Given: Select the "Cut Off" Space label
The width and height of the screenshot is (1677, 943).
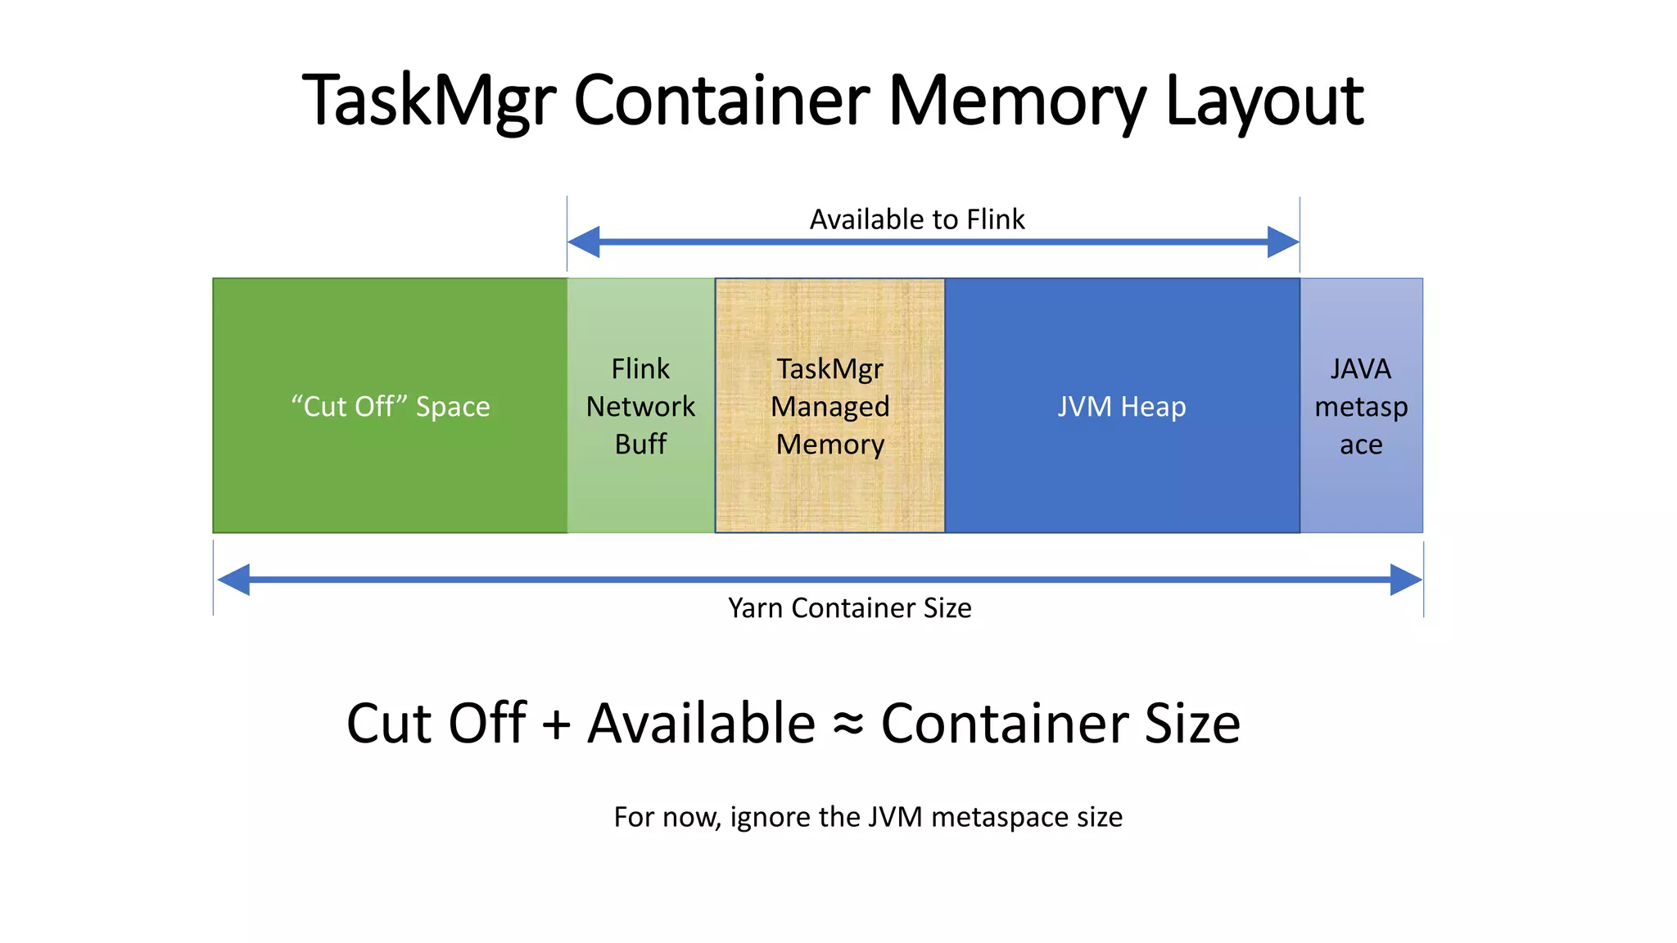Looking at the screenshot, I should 391,406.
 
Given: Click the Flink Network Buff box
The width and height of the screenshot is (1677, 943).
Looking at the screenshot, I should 640,406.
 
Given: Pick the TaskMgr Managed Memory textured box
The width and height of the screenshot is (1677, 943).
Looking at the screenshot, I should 829,406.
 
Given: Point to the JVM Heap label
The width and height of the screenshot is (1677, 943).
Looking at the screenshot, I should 1121,406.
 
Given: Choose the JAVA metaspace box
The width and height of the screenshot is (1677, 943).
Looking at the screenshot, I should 1361,406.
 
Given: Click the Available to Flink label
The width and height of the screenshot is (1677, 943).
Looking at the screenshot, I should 917,219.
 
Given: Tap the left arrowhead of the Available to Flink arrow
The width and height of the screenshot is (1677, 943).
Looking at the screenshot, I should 583,242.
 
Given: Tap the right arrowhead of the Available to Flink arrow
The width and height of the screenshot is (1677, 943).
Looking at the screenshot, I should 1283,242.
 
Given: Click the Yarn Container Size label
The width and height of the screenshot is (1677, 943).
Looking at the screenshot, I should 849,608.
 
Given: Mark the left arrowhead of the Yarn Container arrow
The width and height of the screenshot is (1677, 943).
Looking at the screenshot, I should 234,580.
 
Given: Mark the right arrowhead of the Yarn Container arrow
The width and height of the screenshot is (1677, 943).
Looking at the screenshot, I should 1406,580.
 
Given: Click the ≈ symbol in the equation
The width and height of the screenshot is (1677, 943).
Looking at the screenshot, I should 848,724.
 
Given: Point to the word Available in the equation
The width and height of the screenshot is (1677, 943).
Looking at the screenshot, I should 702,724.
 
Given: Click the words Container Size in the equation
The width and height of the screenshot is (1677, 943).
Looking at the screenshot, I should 1060,724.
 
